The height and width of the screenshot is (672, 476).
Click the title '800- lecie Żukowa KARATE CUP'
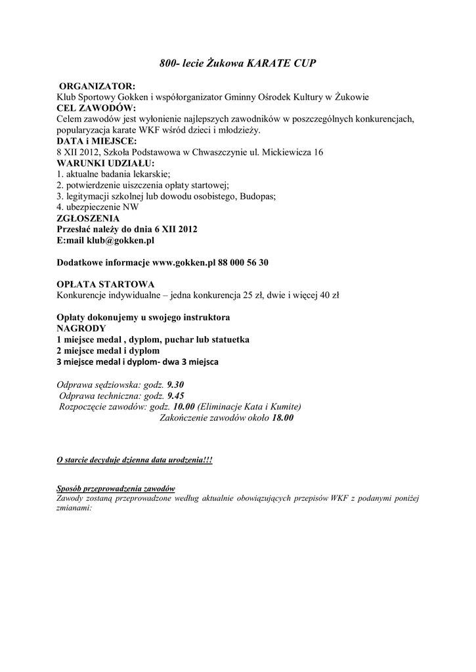point(238,64)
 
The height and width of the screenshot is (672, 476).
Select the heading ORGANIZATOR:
point(98,86)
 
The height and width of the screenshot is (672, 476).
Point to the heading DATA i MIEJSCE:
point(97,141)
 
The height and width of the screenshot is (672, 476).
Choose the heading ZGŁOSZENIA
point(88,219)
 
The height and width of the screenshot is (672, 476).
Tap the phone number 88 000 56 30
point(244,262)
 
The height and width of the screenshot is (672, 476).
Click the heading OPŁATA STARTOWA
point(106,284)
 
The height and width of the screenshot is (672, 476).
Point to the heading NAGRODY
point(80,327)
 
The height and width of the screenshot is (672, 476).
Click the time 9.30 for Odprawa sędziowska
point(175,385)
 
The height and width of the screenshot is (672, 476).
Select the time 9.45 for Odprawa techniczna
point(176,396)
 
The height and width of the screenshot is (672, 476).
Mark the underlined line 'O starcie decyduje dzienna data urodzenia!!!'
point(135,461)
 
